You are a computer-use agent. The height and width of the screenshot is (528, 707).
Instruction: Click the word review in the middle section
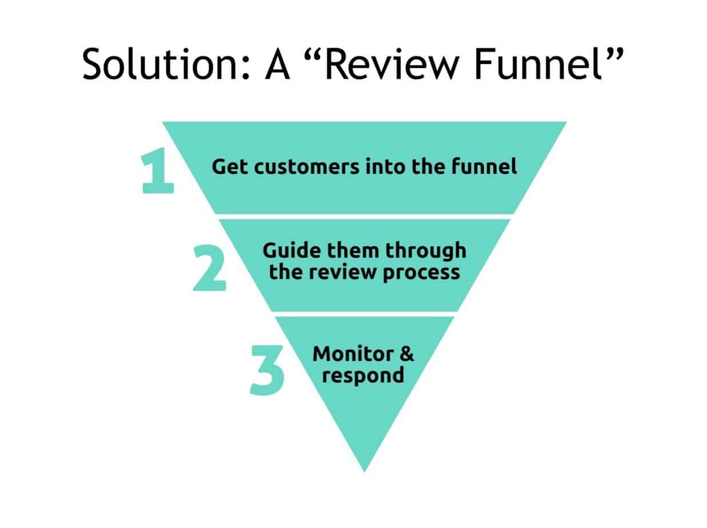(343, 272)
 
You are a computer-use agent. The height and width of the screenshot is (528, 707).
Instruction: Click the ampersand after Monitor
(407, 354)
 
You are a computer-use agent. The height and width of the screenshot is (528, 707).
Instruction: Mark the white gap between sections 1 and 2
(364, 217)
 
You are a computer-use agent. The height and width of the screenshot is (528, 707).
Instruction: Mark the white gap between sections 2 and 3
(364, 314)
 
